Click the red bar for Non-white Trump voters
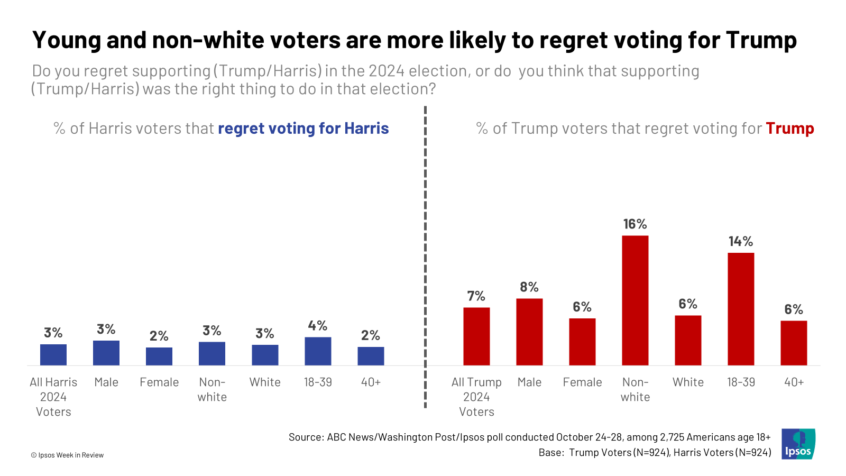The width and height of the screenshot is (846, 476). click(x=635, y=300)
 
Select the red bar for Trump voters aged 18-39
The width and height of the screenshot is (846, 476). click(x=741, y=309)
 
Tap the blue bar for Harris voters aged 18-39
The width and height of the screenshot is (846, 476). click(x=318, y=351)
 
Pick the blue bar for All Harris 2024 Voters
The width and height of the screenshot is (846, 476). click(x=53, y=355)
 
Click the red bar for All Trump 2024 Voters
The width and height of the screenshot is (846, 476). click(x=476, y=336)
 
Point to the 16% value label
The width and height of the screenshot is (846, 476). click(x=635, y=224)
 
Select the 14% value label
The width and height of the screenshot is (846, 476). click(x=741, y=242)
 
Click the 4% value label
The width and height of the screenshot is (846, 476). click(x=318, y=326)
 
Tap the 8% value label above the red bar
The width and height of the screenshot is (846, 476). click(x=529, y=287)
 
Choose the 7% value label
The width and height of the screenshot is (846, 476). click(x=476, y=296)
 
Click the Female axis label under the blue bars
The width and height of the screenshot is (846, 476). click(x=159, y=382)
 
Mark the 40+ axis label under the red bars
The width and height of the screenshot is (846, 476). click(x=794, y=382)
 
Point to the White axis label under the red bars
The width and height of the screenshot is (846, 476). click(x=688, y=382)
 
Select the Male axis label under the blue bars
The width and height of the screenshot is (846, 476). click(x=106, y=382)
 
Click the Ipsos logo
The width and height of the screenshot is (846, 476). click(x=798, y=444)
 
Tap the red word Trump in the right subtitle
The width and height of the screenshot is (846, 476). click(x=790, y=129)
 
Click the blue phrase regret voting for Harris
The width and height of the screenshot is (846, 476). click(x=303, y=129)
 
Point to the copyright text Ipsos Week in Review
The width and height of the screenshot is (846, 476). click(x=68, y=455)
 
